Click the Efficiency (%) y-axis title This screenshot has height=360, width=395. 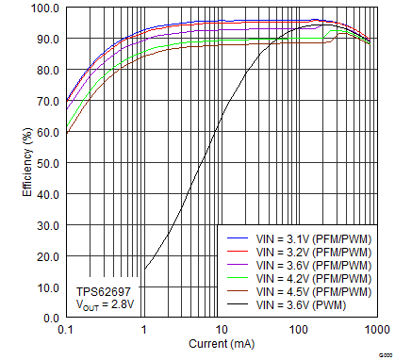click(x=26, y=162)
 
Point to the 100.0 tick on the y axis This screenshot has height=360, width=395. click(x=44, y=8)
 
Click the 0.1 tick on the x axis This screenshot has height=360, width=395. click(x=66, y=330)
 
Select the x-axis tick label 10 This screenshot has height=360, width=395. click(x=221, y=330)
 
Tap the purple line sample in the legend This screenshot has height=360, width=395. click(x=237, y=266)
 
